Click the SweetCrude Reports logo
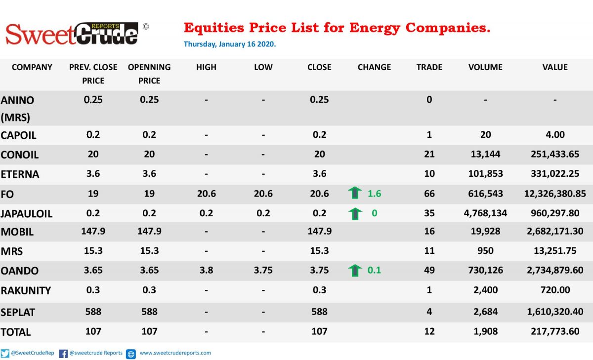[72, 34]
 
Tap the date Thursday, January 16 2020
[230, 44]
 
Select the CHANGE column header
[374, 67]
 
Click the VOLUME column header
[485, 67]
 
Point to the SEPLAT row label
[18, 313]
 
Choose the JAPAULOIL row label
[27, 214]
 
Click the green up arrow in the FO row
[355, 193]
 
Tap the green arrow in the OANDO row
[355, 270]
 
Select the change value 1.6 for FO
[375, 194]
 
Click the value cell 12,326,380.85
[555, 194]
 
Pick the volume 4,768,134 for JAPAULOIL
[485, 213]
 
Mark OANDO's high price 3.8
[206, 270]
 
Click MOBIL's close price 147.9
[320, 231]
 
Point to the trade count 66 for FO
[429, 194]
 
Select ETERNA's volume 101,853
[485, 174]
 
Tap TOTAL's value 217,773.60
[555, 331]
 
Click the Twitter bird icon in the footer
[5, 354]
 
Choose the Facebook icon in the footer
[63, 354]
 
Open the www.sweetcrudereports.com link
[175, 353]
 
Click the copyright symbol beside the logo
[146, 27]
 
